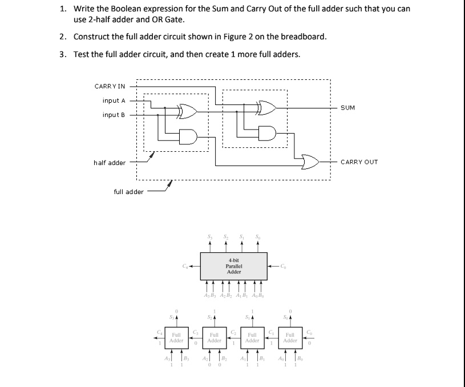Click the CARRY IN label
point(110,86)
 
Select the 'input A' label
point(114,100)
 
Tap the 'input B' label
point(114,115)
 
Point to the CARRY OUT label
point(359,162)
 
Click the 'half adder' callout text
point(110,163)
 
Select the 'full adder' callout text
point(129,192)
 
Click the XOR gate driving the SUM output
point(267,106)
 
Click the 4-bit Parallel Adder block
point(233,266)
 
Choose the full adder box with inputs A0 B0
point(290,337)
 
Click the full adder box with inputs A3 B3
point(176,337)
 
